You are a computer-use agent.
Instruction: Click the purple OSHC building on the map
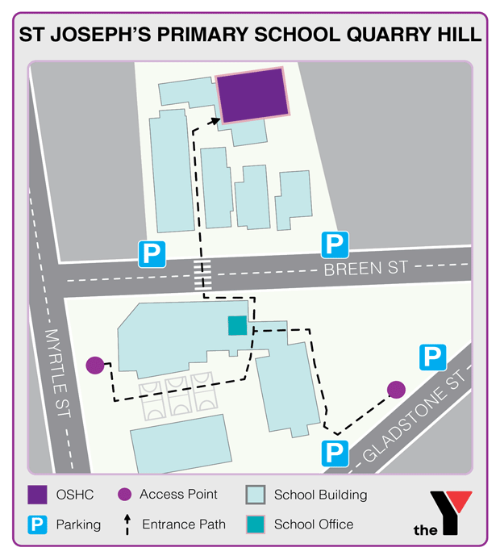coord(252,95)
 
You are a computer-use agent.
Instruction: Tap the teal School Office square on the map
coord(237,325)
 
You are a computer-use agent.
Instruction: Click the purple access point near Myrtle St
coord(95,366)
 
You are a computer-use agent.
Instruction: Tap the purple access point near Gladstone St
coord(395,390)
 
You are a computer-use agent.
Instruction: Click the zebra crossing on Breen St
coord(205,278)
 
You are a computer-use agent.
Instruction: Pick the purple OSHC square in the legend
coord(36,495)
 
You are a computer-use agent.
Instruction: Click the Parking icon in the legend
coord(36,524)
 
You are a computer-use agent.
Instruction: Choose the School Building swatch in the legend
coord(255,495)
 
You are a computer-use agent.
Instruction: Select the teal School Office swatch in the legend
coord(255,524)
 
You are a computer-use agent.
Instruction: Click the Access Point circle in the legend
coord(124,495)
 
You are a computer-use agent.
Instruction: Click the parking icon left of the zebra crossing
coord(152,253)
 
